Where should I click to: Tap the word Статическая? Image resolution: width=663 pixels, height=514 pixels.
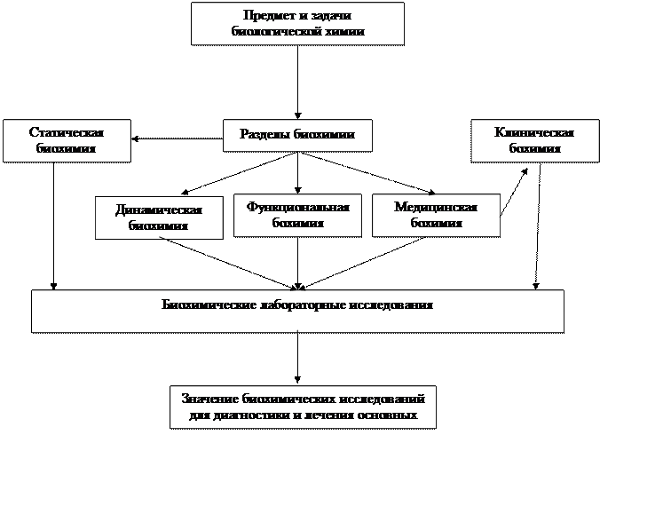click(x=67, y=133)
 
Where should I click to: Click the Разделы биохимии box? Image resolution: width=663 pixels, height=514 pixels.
click(x=297, y=135)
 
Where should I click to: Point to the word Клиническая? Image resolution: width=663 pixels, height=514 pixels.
click(x=534, y=133)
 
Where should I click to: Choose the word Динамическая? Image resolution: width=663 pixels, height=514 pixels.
click(x=159, y=210)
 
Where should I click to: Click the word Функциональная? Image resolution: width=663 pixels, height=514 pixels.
click(x=297, y=207)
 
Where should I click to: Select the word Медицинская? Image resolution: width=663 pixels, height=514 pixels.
click(x=436, y=207)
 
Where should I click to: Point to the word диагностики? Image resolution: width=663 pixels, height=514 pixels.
click(x=243, y=415)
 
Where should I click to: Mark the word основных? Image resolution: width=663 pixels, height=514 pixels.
click(x=389, y=415)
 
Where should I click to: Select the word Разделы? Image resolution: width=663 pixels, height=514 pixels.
click(x=265, y=135)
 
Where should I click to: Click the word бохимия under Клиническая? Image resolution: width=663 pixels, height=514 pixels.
click(x=534, y=149)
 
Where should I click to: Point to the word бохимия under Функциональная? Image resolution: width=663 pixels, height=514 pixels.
click(x=297, y=223)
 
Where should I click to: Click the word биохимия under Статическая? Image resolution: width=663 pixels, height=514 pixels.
click(x=67, y=149)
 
